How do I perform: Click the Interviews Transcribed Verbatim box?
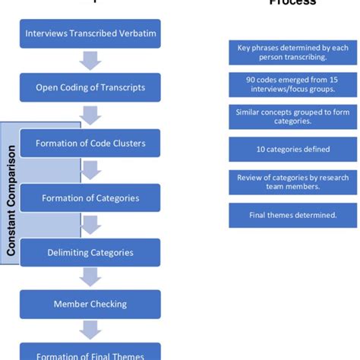(x=90, y=33)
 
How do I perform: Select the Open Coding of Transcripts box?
(x=90, y=87)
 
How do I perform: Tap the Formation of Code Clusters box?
(x=90, y=144)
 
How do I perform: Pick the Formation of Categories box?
(x=90, y=197)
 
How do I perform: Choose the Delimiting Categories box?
(x=90, y=252)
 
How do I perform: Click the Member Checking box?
(x=90, y=304)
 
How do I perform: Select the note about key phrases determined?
(x=292, y=52)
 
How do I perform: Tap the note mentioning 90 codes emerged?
(x=292, y=85)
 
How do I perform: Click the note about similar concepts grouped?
(x=292, y=117)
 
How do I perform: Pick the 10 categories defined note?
(x=292, y=150)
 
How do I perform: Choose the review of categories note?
(x=292, y=182)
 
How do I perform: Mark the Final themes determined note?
(x=292, y=215)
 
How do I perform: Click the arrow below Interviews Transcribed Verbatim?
(x=90, y=61)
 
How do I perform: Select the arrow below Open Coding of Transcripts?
(x=90, y=115)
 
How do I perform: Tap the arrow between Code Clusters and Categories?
(x=90, y=170)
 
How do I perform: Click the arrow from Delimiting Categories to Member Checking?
(x=90, y=278)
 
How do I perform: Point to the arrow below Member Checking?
(x=90, y=330)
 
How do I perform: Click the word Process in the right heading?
(x=292, y=2)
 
